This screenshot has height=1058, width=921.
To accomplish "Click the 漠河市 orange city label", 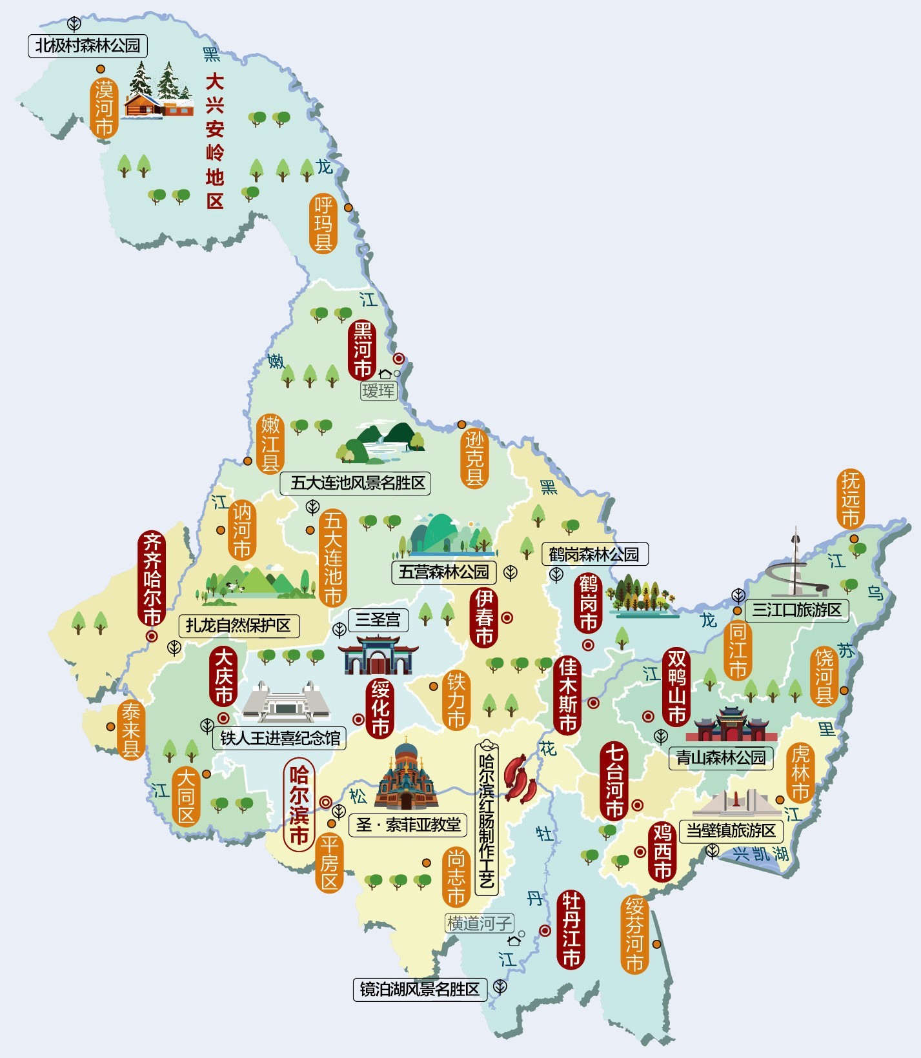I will pyautogui.click(x=104, y=108).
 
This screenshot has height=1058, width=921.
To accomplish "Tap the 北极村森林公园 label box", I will pyautogui.click(x=88, y=46).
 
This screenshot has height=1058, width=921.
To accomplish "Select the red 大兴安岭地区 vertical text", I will pyautogui.click(x=214, y=141).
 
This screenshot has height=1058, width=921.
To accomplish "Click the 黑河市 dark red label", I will pyautogui.click(x=362, y=350).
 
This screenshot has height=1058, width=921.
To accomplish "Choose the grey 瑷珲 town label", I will pyautogui.click(x=378, y=391).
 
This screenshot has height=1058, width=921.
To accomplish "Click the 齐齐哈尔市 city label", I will pyautogui.click(x=152, y=579).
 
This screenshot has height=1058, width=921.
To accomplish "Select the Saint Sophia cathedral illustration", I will pyautogui.click(x=406, y=777).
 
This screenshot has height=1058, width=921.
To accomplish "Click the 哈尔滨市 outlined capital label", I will pyautogui.click(x=299, y=805).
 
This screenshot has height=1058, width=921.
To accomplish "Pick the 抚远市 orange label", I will pyautogui.click(x=851, y=499).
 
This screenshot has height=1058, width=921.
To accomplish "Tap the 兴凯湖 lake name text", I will pyautogui.click(x=761, y=854).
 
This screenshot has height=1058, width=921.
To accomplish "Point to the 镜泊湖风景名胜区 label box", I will pyautogui.click(x=420, y=990).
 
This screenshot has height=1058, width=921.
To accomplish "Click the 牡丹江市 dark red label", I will pyautogui.click(x=571, y=929).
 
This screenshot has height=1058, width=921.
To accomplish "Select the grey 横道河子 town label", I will pyautogui.click(x=479, y=924).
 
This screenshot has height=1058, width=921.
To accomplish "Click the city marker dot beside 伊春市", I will pyautogui.click(x=507, y=618).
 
